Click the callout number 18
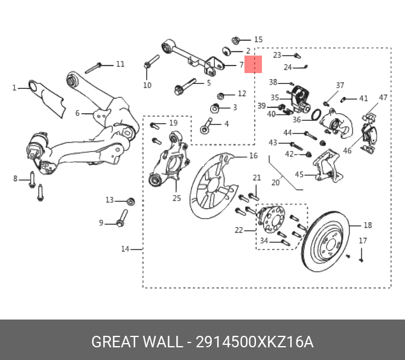click(x=368, y=225)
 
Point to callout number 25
click(x=176, y=198)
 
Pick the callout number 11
click(x=120, y=64)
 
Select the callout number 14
click(x=125, y=249)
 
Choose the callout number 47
click(x=383, y=98)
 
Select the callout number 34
click(x=264, y=241)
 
